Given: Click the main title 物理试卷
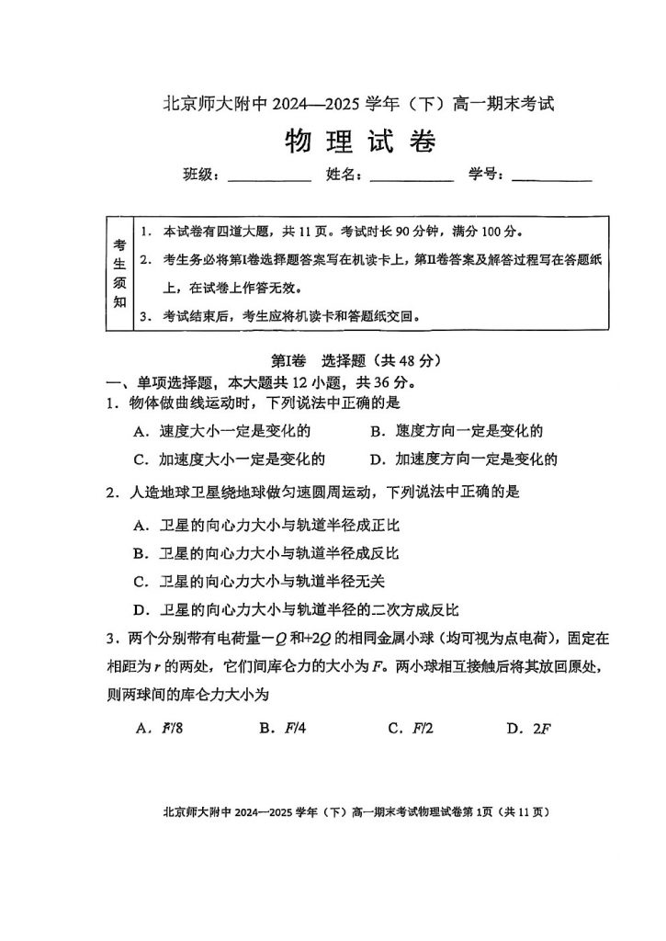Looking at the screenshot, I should coord(359,142).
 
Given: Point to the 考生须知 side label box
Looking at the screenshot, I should coord(120,273).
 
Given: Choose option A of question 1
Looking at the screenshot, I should coord(221,430).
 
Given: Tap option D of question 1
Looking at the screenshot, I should coord(464,459).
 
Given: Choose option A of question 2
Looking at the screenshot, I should coord(266,526).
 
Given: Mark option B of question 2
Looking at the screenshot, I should coord(266,553).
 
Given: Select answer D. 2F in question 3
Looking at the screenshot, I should coord(528,729).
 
